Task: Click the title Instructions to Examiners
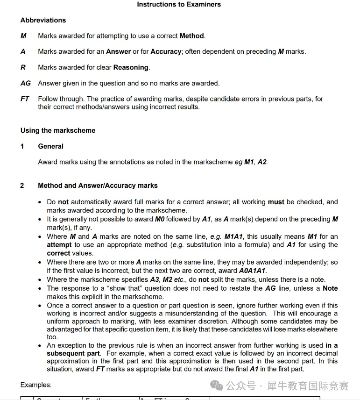pyautogui.click(x=179, y=5)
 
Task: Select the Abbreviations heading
pyautogui.click(x=43, y=20)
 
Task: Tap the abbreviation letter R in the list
pyautogui.click(x=23, y=67)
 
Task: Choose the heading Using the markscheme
pyautogui.click(x=58, y=130)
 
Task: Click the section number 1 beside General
pyautogui.click(x=22, y=146)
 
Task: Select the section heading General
pyautogui.click(x=50, y=146)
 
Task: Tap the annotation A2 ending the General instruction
pyautogui.click(x=262, y=162)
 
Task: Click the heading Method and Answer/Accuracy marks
pyautogui.click(x=98, y=186)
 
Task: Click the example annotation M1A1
pyautogui.click(x=235, y=236)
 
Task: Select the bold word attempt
pyautogui.click(x=59, y=245)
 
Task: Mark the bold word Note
pyautogui.click(x=330, y=288)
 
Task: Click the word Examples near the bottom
pyautogui.click(x=36, y=385)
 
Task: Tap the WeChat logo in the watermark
pyautogui.click(x=217, y=386)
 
